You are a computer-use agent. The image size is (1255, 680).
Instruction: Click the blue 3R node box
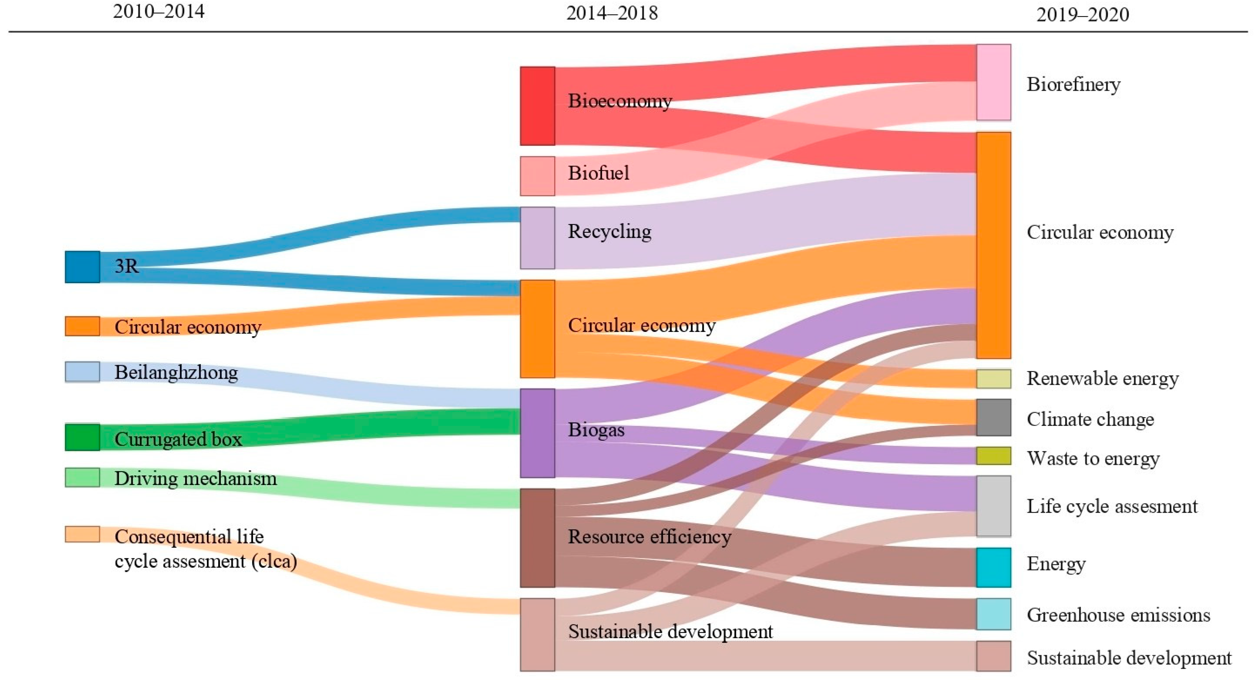point(82,267)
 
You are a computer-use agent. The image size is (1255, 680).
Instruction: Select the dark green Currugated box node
point(82,437)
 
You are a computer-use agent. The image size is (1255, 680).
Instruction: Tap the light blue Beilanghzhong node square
point(82,372)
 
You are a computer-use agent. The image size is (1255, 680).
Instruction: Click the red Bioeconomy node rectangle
point(537,106)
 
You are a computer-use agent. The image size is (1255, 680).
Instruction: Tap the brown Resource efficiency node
point(537,538)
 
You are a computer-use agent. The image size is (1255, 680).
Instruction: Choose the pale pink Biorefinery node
point(994,82)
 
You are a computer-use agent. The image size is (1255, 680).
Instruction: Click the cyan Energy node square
point(994,567)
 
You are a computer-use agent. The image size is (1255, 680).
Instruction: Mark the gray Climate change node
point(994,417)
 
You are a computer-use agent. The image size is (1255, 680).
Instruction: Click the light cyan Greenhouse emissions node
point(994,614)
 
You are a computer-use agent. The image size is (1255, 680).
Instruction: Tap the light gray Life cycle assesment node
point(994,506)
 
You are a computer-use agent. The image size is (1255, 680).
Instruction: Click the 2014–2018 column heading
point(612,13)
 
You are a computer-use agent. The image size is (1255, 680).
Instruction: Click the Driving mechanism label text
point(195,479)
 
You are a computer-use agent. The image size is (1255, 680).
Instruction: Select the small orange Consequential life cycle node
point(82,534)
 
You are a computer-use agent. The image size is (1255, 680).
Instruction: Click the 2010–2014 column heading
point(159,11)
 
